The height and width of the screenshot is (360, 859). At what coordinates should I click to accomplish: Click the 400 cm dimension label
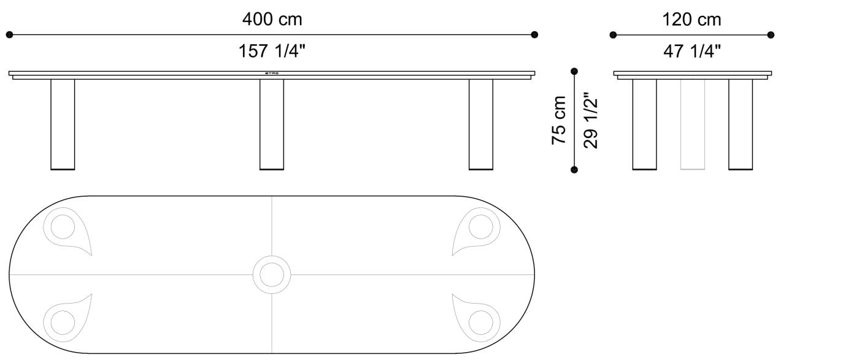tap(272, 20)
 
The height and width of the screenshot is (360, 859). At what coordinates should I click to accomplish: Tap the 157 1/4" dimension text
tap(272, 52)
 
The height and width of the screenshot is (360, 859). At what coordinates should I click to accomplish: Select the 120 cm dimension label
tap(691, 20)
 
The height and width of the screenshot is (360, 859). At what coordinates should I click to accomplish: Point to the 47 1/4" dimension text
tap(691, 52)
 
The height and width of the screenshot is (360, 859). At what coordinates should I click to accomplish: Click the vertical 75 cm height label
tap(559, 120)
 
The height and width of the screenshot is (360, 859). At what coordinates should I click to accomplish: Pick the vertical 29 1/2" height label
tap(590, 120)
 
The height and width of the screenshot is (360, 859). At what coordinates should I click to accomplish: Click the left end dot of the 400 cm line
tap(9, 35)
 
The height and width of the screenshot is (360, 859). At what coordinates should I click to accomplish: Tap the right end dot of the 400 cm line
tap(534, 35)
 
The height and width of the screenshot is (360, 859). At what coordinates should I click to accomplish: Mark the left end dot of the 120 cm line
tap(613, 35)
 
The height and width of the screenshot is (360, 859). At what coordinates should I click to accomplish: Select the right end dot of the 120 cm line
tap(771, 35)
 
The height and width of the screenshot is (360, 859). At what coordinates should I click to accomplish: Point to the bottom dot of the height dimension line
tap(574, 169)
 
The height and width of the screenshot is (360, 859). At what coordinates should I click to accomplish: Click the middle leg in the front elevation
tap(272, 124)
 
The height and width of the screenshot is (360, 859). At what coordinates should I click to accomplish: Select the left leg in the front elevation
tap(63, 124)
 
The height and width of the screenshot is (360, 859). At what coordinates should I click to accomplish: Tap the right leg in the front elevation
tap(480, 124)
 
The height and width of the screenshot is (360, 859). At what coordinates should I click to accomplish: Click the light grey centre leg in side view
tap(693, 124)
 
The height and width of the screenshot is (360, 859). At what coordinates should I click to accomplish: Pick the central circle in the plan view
tap(271, 274)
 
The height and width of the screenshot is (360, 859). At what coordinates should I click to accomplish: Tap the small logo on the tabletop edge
tap(272, 73)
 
